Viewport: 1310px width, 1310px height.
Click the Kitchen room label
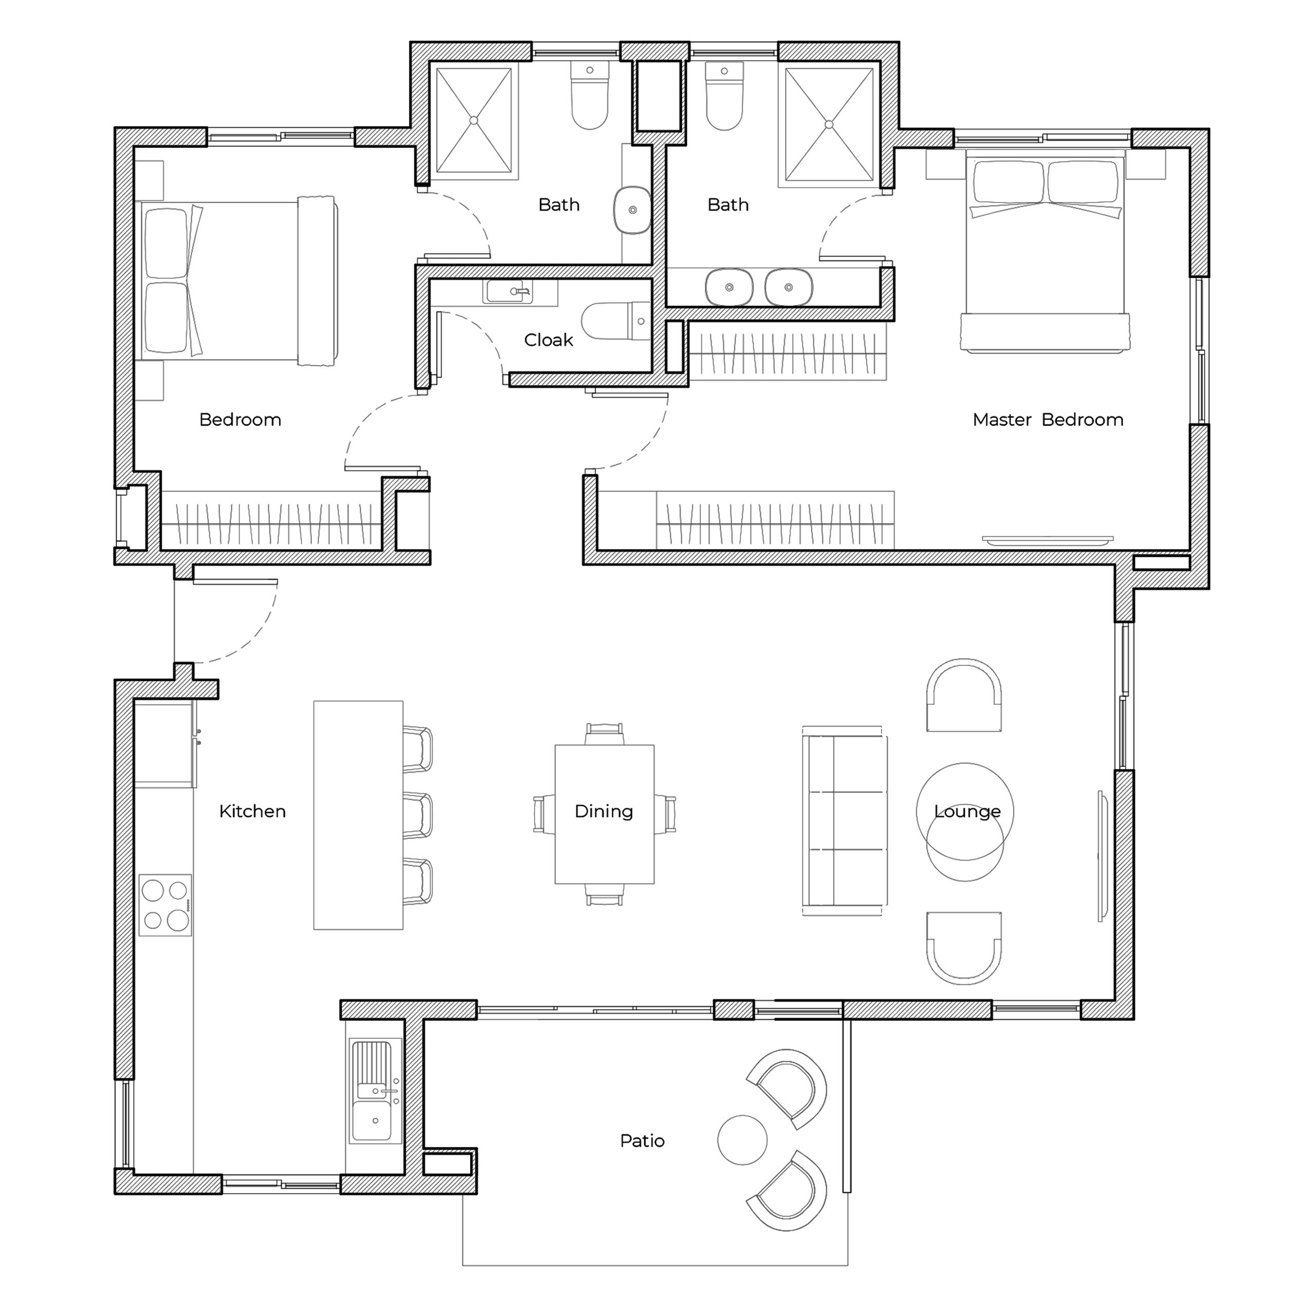252,812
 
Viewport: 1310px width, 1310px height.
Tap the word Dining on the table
604,812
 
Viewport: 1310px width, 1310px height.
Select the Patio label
642,1141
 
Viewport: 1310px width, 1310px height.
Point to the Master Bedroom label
1047,420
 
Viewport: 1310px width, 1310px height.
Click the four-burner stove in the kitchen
165,905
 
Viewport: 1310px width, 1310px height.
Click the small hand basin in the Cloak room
508,292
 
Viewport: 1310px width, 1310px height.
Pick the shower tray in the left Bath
474,121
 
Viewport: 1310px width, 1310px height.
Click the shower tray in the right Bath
829,124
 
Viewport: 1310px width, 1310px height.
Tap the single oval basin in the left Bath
632,210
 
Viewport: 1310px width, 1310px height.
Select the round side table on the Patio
742,1140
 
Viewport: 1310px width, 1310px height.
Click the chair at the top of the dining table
604,734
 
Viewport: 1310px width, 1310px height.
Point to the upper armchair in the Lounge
964,695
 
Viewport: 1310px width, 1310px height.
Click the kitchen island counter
358,815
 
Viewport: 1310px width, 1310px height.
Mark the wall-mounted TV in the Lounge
1102,856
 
